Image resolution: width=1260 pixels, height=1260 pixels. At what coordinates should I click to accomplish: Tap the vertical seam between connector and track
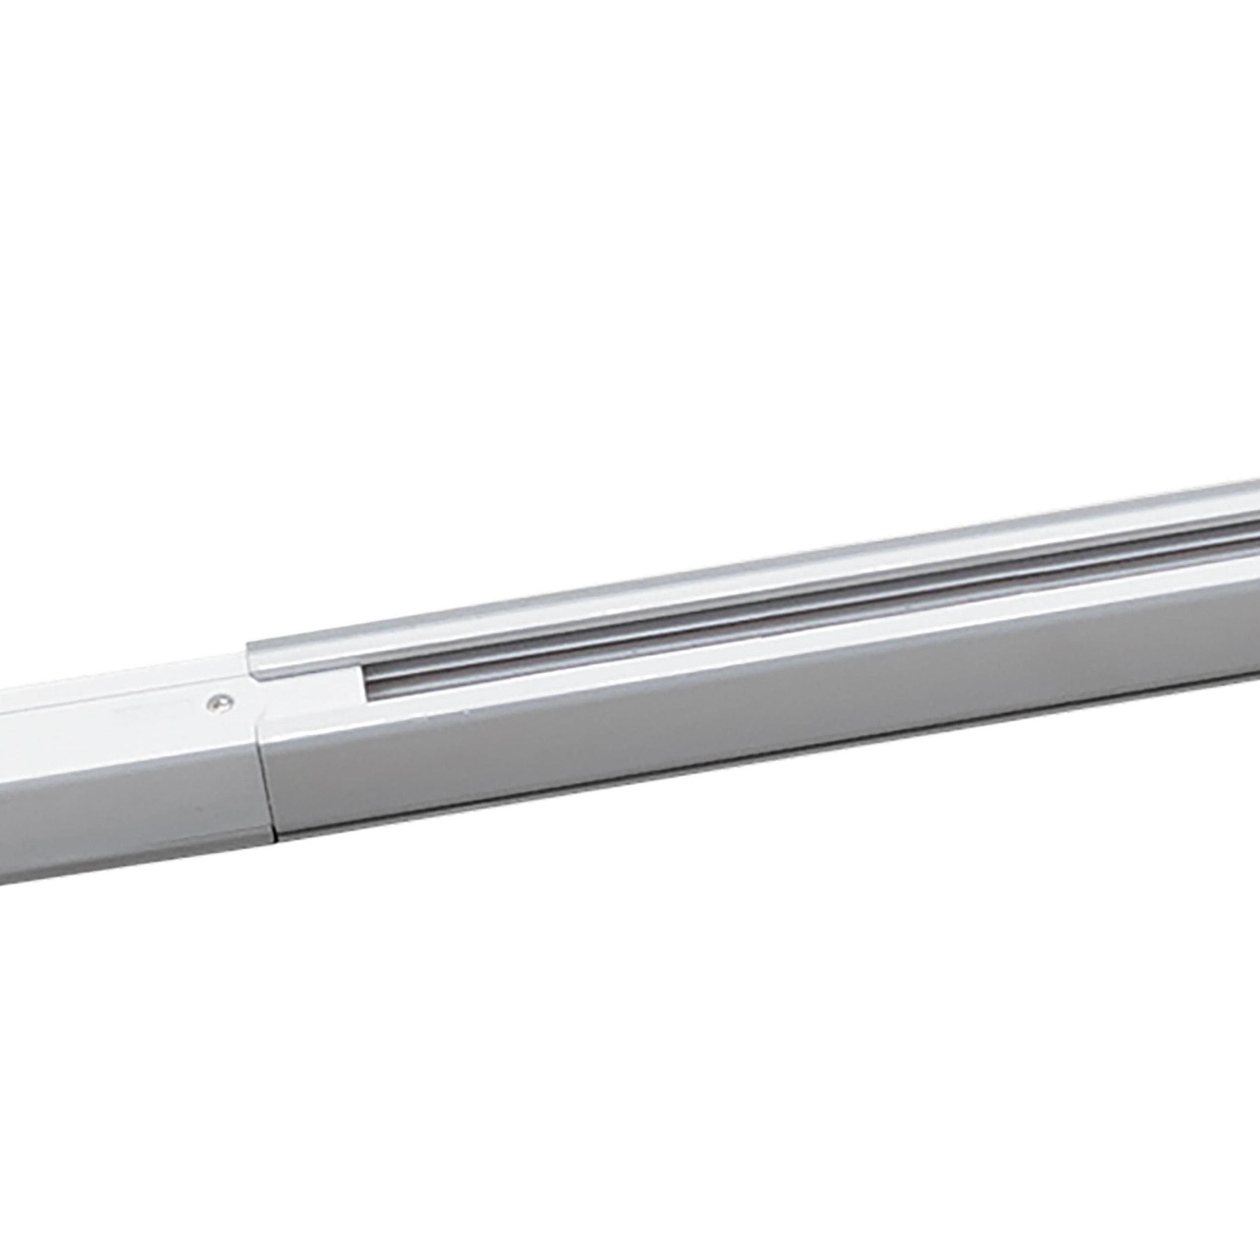tap(269, 770)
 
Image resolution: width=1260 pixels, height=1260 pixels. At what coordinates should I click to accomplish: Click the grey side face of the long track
tap(717, 705)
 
